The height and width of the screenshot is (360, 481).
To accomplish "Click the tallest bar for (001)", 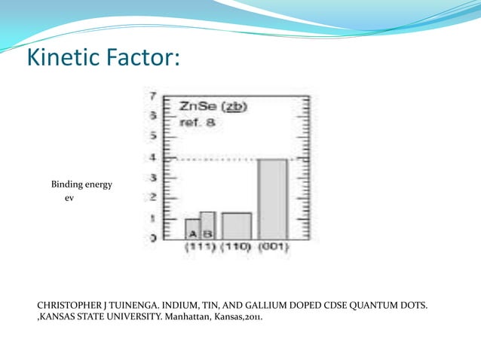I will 272,199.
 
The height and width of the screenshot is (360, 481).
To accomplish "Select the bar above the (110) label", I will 236,225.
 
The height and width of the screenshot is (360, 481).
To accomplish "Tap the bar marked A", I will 192,228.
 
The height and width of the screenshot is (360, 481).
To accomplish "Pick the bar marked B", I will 207,225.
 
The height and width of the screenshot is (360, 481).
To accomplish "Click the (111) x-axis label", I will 200,246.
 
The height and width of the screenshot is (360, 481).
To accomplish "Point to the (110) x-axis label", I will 236,246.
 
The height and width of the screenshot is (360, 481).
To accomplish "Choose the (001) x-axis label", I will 273,246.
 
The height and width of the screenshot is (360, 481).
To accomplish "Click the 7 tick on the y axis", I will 153,96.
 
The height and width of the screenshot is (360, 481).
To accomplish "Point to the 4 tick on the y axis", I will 153,158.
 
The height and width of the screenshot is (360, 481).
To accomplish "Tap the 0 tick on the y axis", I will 153,238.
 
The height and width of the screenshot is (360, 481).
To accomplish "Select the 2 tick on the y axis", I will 153,198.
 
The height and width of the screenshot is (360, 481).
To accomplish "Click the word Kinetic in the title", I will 66,57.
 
